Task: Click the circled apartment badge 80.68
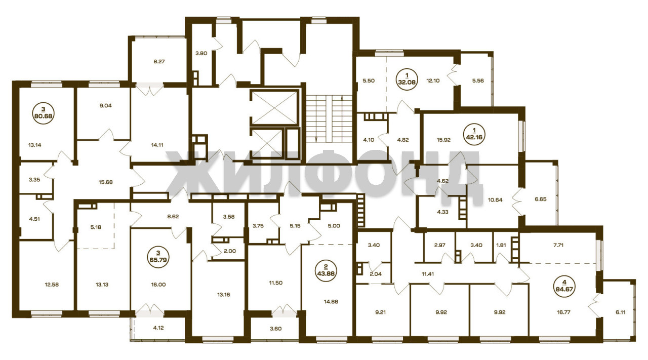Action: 44,113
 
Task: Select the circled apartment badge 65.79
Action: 158,257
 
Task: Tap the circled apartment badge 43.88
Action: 326,270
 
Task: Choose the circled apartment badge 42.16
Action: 473,134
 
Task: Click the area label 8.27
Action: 159,61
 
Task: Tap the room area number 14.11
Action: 157,145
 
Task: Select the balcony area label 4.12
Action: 158,328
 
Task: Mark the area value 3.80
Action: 201,53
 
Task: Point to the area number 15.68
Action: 106,182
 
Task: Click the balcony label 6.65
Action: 540,199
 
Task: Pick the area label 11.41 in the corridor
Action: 428,274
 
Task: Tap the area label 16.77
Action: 563,312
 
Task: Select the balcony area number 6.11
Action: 621,312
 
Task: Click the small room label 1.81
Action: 501,245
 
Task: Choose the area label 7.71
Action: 558,245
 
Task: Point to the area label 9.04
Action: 106,106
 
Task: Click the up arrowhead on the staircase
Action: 342,97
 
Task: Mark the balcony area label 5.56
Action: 478,81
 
